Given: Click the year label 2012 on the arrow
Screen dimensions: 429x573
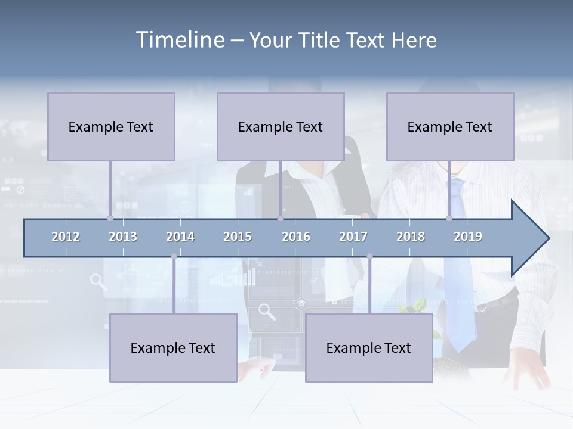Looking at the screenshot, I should pyautogui.click(x=66, y=237).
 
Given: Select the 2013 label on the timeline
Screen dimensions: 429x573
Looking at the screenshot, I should pyautogui.click(x=123, y=237).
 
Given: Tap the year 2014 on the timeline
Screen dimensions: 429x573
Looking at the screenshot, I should pyautogui.click(x=180, y=237).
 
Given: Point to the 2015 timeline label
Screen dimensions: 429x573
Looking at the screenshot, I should pyautogui.click(x=238, y=237).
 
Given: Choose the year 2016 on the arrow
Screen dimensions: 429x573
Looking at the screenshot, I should pyautogui.click(x=296, y=237).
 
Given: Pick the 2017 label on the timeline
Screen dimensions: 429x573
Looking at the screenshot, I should pyautogui.click(x=353, y=237).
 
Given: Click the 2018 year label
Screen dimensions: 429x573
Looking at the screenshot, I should pyautogui.click(x=411, y=237).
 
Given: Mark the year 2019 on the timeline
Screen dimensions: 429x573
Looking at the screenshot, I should pyautogui.click(x=468, y=237).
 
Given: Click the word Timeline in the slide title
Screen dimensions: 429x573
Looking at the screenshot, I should pyautogui.click(x=179, y=40).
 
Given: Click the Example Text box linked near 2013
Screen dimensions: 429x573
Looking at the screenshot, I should pyautogui.click(x=111, y=126).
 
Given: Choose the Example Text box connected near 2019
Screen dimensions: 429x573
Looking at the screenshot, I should pyautogui.click(x=450, y=126).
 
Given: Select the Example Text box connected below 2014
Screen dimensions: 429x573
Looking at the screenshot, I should pyautogui.click(x=173, y=347).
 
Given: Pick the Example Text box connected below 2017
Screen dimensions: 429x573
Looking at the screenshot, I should pyautogui.click(x=369, y=347).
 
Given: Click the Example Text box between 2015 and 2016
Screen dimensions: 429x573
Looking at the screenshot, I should pyautogui.click(x=281, y=126).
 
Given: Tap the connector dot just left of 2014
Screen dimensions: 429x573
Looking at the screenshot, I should pyautogui.click(x=174, y=256).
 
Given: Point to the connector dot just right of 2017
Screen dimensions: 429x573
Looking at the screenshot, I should pyautogui.click(x=369, y=256).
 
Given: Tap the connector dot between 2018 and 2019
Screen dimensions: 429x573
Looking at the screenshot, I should pyautogui.click(x=449, y=218).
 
